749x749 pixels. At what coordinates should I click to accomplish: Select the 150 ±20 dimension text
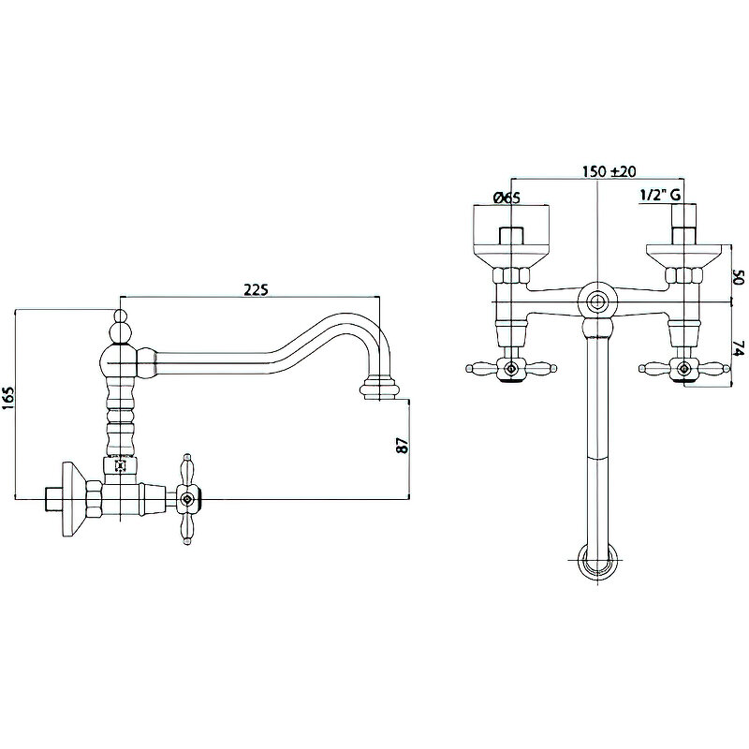click(x=609, y=171)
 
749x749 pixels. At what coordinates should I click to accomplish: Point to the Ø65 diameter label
click(x=506, y=197)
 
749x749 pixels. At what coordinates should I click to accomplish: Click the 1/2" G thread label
click(x=660, y=196)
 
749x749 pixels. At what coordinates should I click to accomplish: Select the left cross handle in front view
click(x=511, y=369)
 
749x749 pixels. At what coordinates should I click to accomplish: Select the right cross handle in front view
click(x=684, y=369)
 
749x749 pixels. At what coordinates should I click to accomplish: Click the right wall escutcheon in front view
click(x=683, y=249)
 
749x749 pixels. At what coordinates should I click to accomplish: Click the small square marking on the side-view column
click(x=120, y=464)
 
